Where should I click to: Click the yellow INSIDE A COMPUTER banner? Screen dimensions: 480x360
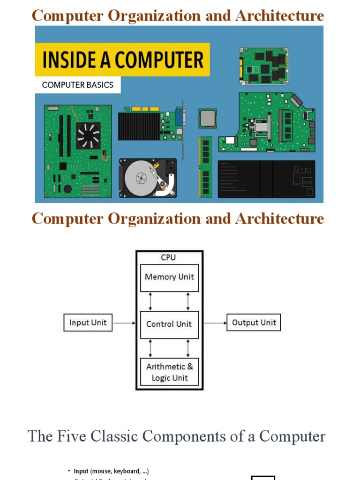pyautogui.click(x=122, y=60)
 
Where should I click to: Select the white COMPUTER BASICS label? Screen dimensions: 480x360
pyautogui.click(x=78, y=85)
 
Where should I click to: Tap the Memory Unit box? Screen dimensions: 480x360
pyautogui.click(x=169, y=277)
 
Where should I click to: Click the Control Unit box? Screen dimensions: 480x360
pyautogui.click(x=169, y=324)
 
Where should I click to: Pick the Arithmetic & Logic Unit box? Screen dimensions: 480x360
pyautogui.click(x=169, y=372)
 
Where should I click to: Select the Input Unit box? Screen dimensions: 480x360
pyautogui.click(x=88, y=322)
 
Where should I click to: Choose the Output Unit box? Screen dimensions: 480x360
pyautogui.click(x=254, y=322)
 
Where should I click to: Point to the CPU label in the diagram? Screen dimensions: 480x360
pyautogui.click(x=168, y=258)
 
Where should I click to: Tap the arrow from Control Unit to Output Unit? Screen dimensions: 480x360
pyautogui.click(x=215, y=323)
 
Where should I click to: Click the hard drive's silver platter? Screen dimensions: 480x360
pyautogui.click(x=139, y=179)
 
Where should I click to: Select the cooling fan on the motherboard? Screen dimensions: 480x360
pyautogui.click(x=88, y=135)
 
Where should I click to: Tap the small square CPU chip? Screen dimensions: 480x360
pyautogui.click(x=208, y=119)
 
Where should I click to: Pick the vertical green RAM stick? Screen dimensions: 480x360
pyautogui.click(x=205, y=166)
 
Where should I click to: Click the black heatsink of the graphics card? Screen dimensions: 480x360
pyautogui.click(x=139, y=126)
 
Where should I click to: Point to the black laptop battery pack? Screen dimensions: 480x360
pyautogui.click(x=266, y=179)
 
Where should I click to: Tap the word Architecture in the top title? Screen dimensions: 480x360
pyautogui.click(x=279, y=16)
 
